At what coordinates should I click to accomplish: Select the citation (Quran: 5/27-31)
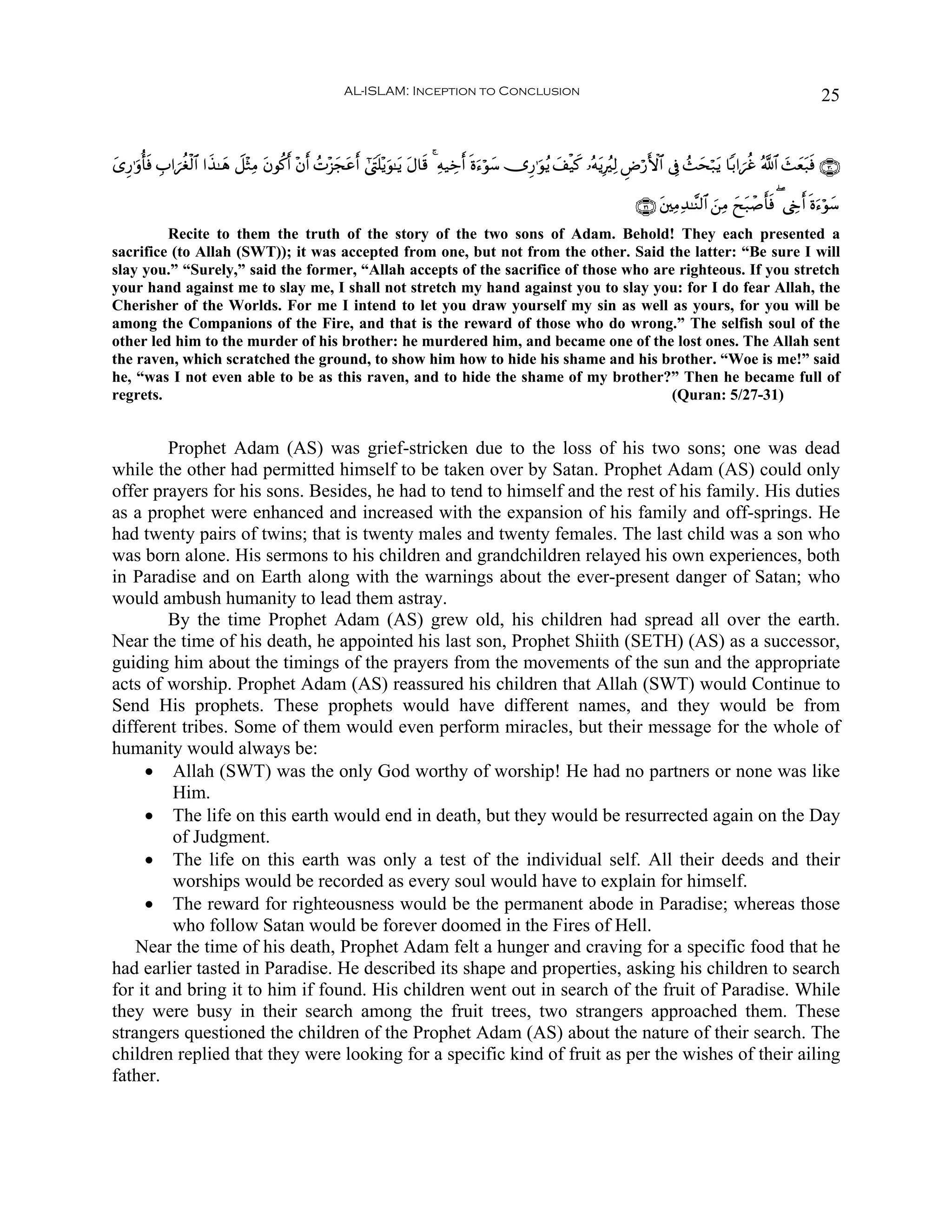click(x=727, y=395)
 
